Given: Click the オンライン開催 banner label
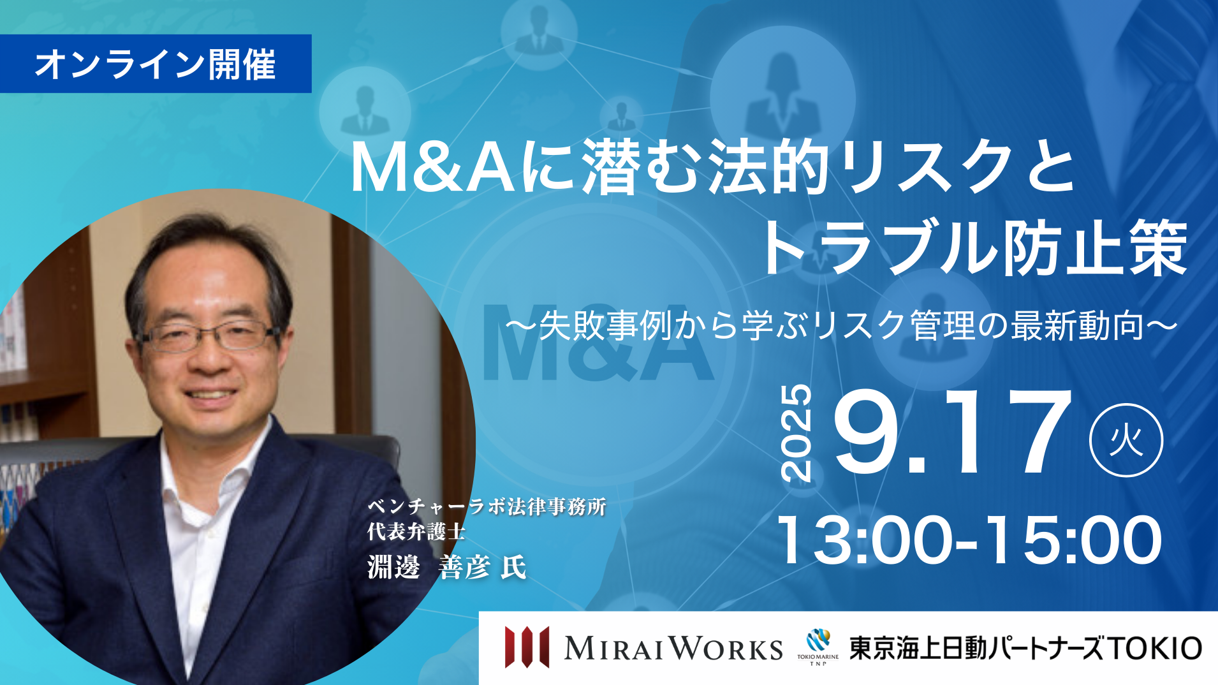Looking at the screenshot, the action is [155, 64].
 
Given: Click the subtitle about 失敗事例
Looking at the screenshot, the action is [841, 325].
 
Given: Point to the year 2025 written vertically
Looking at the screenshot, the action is [796, 432].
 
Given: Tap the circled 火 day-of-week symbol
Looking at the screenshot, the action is [1126, 440].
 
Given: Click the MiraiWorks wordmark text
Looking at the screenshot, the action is [673, 649].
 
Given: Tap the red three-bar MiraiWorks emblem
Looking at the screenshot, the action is [527, 647].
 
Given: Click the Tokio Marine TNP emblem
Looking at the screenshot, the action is [818, 647].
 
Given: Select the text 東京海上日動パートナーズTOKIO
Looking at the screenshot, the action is [1025, 648].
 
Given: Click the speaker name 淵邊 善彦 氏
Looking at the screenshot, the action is [446, 567].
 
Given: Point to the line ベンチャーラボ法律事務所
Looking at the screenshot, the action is [487, 506].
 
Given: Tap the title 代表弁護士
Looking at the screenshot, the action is [416, 531].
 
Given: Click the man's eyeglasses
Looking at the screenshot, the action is [210, 336].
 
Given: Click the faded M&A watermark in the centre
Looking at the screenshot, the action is [598, 343].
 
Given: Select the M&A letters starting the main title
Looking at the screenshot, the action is [433, 168].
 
